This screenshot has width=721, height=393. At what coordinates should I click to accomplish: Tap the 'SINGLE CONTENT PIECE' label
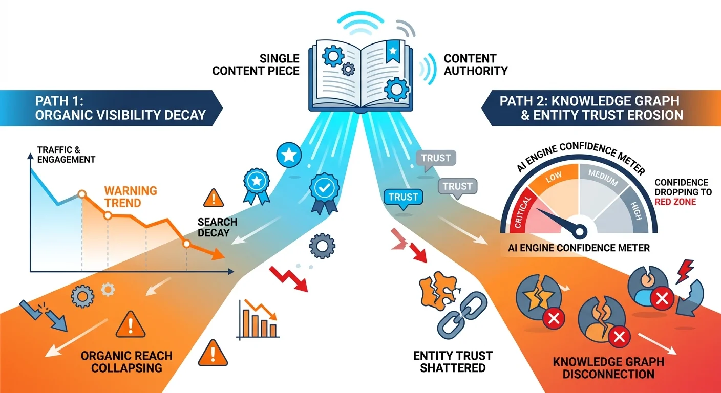tap(256, 64)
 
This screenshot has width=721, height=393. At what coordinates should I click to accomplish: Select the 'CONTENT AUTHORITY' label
tap(475, 64)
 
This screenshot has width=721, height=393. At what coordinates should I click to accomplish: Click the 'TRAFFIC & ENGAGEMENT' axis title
tap(66, 155)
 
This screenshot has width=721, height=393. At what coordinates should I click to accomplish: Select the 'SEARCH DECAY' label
tap(218, 227)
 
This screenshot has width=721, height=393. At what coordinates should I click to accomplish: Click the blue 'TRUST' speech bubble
tap(403, 198)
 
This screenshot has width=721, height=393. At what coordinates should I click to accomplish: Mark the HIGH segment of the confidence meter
tap(633, 207)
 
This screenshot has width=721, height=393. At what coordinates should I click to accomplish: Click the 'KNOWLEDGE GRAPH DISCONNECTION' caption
tap(608, 367)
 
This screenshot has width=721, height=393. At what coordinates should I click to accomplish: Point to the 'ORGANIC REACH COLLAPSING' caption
tap(128, 361)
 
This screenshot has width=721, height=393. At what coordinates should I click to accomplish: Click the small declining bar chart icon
tap(258, 320)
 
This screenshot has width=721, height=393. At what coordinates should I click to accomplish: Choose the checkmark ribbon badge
tap(324, 192)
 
